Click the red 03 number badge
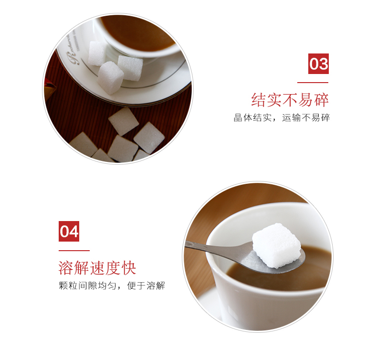pos(318,64)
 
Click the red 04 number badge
pos(69,231)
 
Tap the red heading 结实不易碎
pos(290,100)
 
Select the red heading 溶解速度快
pos(97,268)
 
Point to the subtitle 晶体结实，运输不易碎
pos(282,117)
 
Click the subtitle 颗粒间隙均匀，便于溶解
pos(112,286)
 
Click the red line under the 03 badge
pos(313,83)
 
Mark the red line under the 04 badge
pos(74,251)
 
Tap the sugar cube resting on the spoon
pos(276,245)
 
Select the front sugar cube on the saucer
pos(110,77)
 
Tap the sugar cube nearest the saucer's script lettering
pos(97,53)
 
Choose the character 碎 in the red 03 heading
pos(321,100)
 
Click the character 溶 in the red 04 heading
pos(66,268)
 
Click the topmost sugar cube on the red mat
pos(124,121)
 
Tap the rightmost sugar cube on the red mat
pos(149,138)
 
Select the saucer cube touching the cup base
pos(130,68)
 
